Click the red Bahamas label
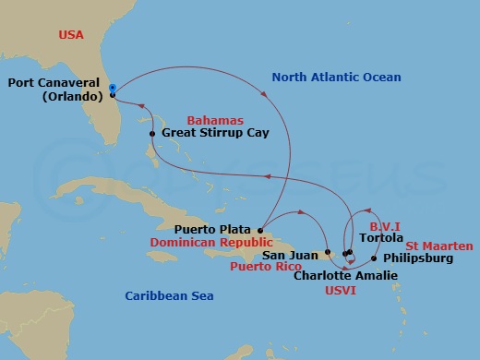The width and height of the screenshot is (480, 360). [x=214, y=121]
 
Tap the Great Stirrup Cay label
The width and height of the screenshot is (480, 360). [x=215, y=134]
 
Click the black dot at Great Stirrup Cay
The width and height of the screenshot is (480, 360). [x=153, y=134]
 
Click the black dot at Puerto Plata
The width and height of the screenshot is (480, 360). [x=262, y=230]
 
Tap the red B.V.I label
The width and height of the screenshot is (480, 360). [x=384, y=223]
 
